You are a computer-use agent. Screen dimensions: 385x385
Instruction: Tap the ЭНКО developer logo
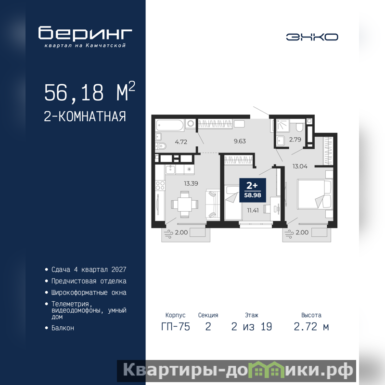pos(312,37)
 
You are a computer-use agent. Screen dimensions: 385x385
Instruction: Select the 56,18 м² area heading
pos(90,91)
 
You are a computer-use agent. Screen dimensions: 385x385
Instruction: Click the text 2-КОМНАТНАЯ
pos(85,116)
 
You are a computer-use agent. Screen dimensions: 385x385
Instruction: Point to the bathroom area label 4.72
pos(181,141)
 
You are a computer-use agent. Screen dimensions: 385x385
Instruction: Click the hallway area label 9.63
pos(240,141)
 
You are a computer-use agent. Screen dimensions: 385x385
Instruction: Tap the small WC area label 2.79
pos(295,140)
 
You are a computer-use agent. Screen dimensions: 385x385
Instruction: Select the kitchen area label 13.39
pos(191,183)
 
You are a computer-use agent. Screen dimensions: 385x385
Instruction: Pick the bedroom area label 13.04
pos(300,166)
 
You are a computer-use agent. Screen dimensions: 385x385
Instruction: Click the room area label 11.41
pos(253,210)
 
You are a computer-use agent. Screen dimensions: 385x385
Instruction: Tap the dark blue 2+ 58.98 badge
pos(253,190)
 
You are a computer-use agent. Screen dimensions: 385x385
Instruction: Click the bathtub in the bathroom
pos(170,125)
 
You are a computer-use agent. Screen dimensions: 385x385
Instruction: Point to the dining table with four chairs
pos(185,204)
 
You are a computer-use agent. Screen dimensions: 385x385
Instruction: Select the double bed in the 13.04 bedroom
pos(314,194)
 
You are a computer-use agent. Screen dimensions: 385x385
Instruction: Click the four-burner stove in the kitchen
pos(160,185)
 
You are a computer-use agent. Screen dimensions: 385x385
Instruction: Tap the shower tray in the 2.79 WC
pos(282,125)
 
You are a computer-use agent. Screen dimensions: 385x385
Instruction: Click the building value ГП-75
pos(176,327)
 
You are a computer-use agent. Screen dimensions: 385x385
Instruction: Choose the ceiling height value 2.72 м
pos(311,327)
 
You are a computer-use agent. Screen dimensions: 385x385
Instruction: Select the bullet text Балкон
pos(63,328)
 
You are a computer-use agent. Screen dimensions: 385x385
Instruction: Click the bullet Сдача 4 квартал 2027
pos(89,269)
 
